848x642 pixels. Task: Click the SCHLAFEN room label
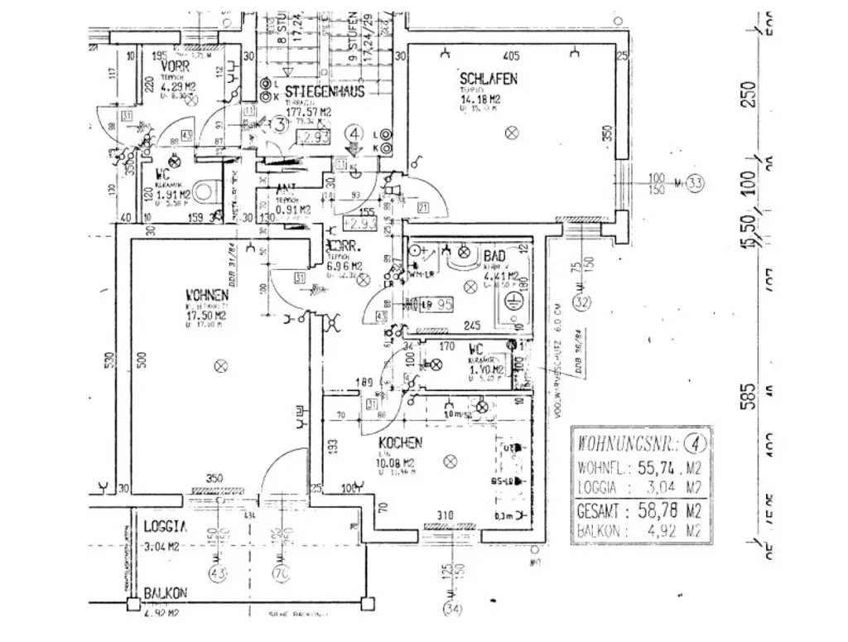tap(489, 80)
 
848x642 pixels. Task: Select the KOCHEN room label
tap(401, 443)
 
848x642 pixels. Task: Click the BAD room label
tap(494, 258)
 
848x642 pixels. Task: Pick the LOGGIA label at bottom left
tap(164, 526)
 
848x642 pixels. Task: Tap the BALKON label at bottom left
tap(165, 593)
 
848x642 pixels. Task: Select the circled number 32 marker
tap(583, 303)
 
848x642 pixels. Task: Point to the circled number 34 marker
tap(452, 611)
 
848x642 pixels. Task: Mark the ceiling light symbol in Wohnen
tap(219, 364)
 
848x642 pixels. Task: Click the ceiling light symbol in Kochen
tap(450, 461)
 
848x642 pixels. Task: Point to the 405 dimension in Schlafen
tap(511, 56)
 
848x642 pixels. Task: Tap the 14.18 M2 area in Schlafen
tap(481, 96)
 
